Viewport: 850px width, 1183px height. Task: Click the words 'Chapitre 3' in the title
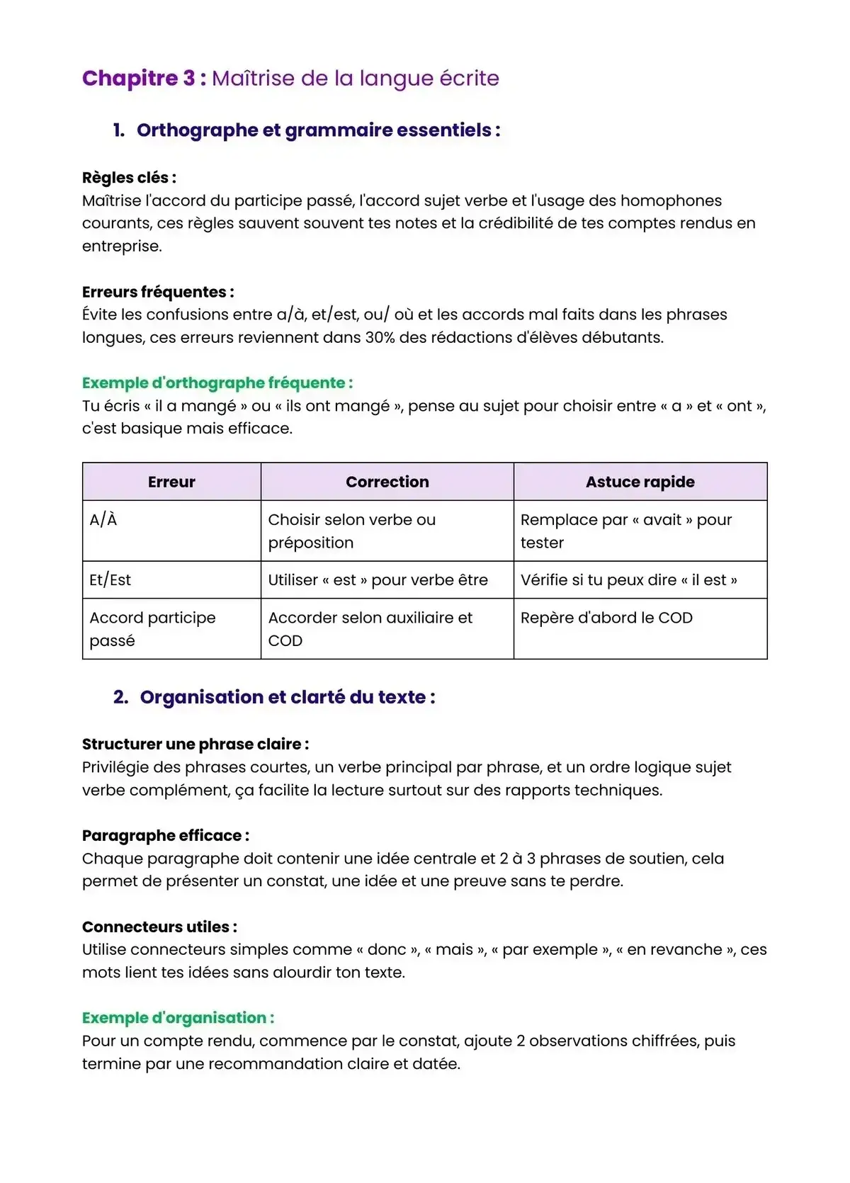pos(139,78)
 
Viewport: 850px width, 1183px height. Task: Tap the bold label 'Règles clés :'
pos(129,178)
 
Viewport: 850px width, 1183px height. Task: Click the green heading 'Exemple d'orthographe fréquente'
pos(217,383)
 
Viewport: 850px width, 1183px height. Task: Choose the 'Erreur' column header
pos(171,482)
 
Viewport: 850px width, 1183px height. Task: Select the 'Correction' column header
pos(387,482)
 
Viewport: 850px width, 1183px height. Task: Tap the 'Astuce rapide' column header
pos(640,482)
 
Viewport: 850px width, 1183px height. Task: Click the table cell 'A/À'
pos(103,520)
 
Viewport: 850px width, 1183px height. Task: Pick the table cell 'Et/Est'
pos(110,580)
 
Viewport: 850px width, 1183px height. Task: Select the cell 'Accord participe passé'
pos(152,628)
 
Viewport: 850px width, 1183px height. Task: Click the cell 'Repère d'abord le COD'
pos(606,618)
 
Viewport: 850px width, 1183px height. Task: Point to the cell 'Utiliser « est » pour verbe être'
pos(378,580)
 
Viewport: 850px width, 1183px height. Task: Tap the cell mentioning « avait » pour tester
pos(625,531)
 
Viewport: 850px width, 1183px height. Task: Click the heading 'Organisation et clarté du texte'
pos(287,697)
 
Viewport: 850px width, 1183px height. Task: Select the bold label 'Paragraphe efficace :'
pos(165,836)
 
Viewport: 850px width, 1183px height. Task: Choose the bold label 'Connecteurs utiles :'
pos(159,927)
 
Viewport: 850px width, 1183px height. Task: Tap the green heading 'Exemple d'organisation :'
pos(178,1018)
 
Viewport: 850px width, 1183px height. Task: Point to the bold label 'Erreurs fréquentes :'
pos(158,292)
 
